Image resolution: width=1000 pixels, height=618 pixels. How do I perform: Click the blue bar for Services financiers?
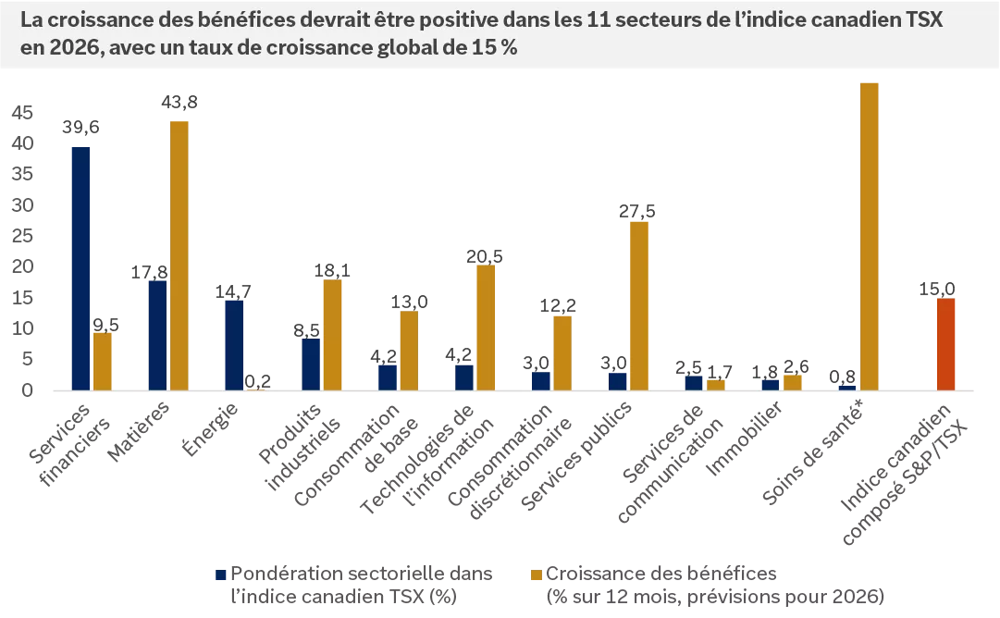(x=81, y=268)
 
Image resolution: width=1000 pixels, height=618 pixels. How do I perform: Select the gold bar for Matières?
(x=179, y=255)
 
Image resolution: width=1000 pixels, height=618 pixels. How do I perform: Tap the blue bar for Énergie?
(x=234, y=344)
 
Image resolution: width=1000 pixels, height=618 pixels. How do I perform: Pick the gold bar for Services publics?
(x=639, y=305)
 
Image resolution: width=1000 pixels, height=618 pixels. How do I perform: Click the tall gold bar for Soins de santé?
(x=870, y=236)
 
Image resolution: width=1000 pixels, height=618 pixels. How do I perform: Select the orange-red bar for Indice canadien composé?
(x=945, y=343)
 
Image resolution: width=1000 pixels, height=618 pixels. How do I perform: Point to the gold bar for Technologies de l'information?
(x=486, y=327)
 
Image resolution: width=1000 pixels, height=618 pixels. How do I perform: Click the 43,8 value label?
(x=179, y=104)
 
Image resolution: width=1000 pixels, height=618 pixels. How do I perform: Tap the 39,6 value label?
(x=81, y=129)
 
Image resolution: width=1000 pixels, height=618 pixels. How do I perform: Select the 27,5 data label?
(x=638, y=212)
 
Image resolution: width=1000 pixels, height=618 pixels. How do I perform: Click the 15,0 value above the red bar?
(x=937, y=289)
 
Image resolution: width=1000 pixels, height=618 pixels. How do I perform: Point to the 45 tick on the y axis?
(x=22, y=113)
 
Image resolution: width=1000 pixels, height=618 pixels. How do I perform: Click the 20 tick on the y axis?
(x=22, y=266)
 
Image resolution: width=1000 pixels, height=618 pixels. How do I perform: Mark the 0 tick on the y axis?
(x=28, y=389)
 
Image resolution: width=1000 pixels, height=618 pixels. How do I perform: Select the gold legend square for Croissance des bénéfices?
(x=537, y=574)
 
